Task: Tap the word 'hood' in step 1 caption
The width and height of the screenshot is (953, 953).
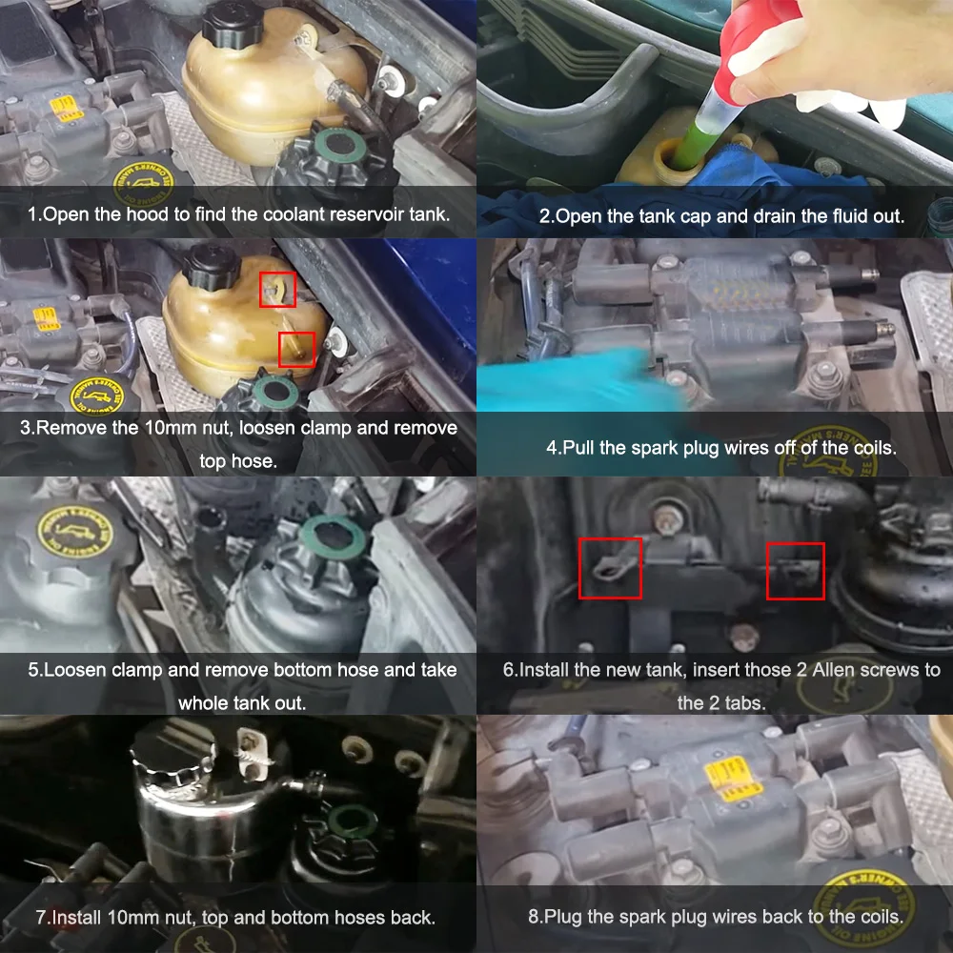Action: pyautogui.click(x=152, y=214)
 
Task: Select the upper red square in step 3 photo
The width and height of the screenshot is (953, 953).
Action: pyautogui.click(x=277, y=289)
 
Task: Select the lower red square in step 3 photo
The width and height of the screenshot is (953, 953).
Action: pyautogui.click(x=296, y=350)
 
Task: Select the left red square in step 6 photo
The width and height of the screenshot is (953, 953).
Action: pyautogui.click(x=610, y=568)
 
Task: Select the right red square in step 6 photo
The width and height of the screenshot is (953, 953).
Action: pyautogui.click(x=796, y=571)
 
